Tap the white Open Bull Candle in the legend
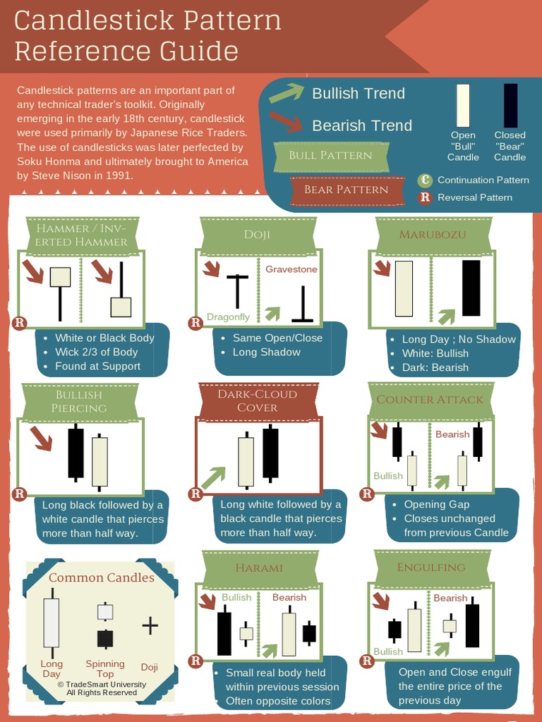click(463, 106)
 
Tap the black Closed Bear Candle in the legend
click(510, 106)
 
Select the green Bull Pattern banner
click(330, 156)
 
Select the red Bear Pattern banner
click(346, 190)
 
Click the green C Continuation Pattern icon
click(425, 180)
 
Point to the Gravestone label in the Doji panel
click(291, 269)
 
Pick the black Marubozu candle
click(471, 288)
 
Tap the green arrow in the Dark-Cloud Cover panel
click(212, 477)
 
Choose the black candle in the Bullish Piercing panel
click(76, 453)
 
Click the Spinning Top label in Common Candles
click(104, 668)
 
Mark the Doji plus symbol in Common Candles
click(150, 626)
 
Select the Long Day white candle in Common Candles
click(51, 623)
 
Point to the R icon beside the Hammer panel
click(19, 323)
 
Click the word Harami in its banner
click(259, 568)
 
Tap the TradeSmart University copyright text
click(102, 688)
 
